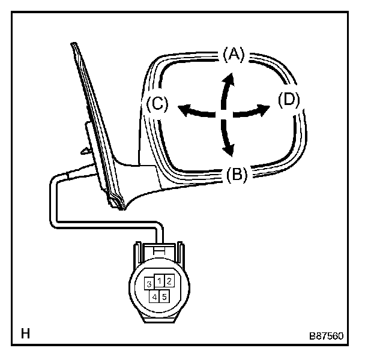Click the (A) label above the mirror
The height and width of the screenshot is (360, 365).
click(x=233, y=55)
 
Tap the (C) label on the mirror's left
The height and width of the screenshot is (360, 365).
click(x=155, y=104)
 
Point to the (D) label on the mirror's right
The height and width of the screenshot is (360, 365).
click(x=289, y=101)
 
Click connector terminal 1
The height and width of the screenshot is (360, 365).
click(x=159, y=280)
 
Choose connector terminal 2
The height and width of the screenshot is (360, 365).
click(x=169, y=280)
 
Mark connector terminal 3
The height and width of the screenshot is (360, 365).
click(x=148, y=284)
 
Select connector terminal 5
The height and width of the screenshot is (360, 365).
click(x=164, y=295)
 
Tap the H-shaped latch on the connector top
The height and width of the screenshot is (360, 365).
click(x=159, y=248)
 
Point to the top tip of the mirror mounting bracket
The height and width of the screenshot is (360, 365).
click(x=72, y=44)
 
